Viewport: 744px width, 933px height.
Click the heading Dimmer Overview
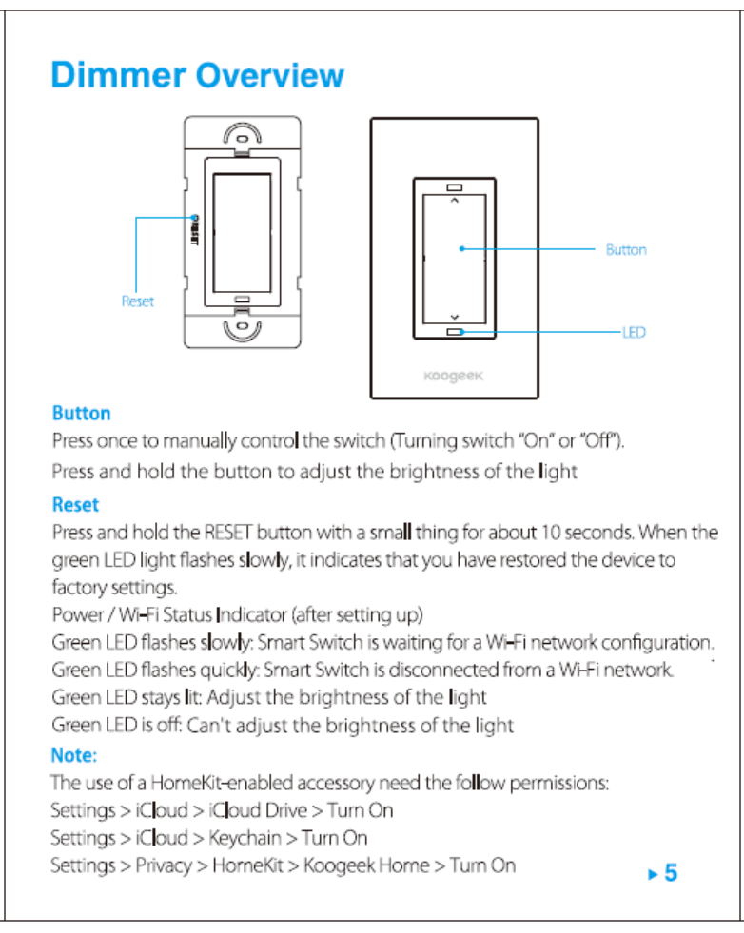point(197,75)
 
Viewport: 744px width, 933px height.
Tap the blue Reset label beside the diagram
point(137,301)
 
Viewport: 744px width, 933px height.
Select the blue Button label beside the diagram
point(625,250)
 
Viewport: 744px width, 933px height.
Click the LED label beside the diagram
point(634,333)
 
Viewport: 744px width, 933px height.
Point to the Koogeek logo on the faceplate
point(454,375)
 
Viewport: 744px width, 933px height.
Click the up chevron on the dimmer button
point(454,202)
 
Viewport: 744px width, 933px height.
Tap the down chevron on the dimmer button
point(454,317)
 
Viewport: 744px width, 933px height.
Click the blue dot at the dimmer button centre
point(460,249)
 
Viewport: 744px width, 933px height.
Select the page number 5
point(671,872)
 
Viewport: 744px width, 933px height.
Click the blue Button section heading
point(81,414)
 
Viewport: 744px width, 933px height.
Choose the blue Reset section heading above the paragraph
point(75,504)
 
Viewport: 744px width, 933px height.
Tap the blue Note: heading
point(74,756)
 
